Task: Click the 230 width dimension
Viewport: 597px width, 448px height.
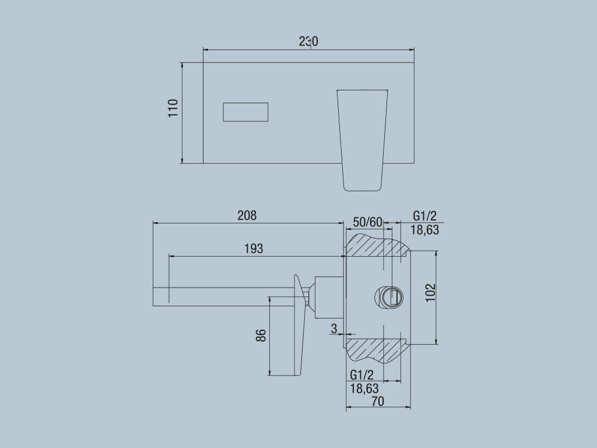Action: [308, 41]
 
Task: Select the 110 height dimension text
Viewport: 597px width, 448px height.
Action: [173, 108]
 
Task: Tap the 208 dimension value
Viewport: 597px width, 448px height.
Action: [247, 215]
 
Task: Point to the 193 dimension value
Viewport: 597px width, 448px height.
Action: [253, 249]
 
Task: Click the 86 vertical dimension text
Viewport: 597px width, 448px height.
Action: [261, 335]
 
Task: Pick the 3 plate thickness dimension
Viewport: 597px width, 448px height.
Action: [334, 329]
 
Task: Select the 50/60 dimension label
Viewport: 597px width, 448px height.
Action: [368, 222]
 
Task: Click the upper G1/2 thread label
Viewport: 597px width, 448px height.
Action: [424, 216]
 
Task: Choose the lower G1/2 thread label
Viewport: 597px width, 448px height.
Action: [362, 374]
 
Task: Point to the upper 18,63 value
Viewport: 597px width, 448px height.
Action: [424, 230]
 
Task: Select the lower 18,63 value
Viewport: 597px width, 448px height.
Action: [364, 387]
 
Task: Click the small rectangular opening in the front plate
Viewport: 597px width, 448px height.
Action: [245, 112]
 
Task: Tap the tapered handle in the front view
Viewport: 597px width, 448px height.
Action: [363, 140]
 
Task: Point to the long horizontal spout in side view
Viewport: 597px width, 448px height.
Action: [222, 296]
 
